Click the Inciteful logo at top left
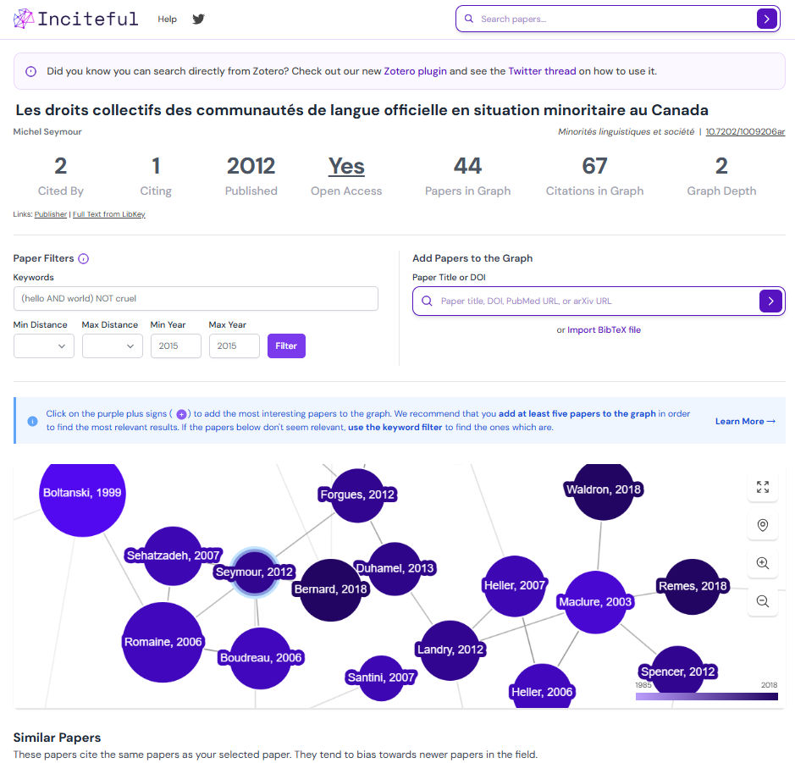[75, 19]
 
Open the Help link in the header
[168, 19]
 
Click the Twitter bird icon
[198, 19]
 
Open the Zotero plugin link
[415, 72]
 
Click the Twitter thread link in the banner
[542, 72]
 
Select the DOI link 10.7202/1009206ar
[745, 132]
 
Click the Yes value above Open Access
[346, 166]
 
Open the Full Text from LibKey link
[109, 214]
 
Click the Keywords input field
[196, 298]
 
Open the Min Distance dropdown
[44, 346]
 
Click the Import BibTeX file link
[604, 330]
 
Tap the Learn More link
[745, 421]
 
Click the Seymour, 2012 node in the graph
[254, 572]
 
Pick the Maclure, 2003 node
[595, 602]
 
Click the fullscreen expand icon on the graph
[763, 486]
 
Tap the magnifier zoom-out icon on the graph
[763, 601]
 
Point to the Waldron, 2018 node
[603, 489]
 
